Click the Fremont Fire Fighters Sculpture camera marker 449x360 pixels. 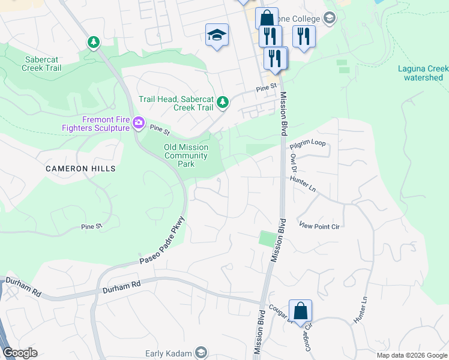(x=139, y=123)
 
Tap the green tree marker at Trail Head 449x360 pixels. (x=223, y=103)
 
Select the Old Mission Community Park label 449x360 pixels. (x=186, y=155)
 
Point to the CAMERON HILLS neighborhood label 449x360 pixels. (x=80, y=169)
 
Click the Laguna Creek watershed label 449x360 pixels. (x=423, y=73)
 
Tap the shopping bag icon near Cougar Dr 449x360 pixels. (x=300, y=311)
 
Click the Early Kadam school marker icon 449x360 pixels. (x=201, y=353)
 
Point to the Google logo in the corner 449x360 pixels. (x=20, y=353)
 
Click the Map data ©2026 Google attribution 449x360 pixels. (x=411, y=355)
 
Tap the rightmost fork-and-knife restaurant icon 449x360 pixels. (x=304, y=36)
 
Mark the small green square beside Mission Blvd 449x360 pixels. (x=266, y=238)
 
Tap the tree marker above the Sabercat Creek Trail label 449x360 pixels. (x=93, y=42)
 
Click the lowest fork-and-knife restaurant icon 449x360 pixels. (x=276, y=58)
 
